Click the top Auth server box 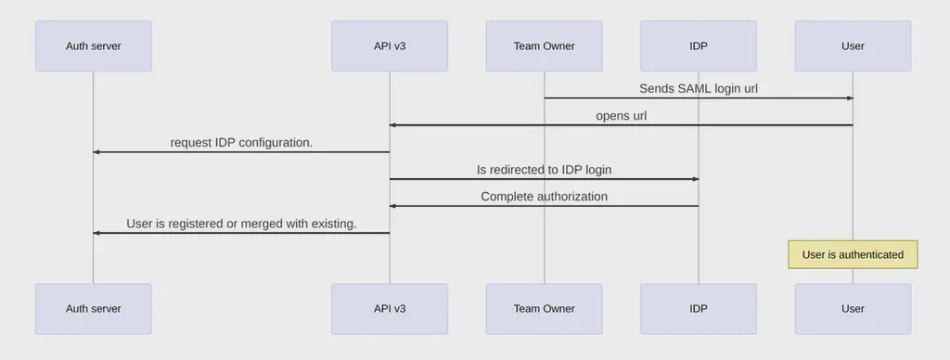pyautogui.click(x=93, y=45)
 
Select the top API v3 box pyautogui.click(x=390, y=45)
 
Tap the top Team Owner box pyautogui.click(x=544, y=45)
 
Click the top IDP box pyautogui.click(x=699, y=45)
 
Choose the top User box pyautogui.click(x=853, y=45)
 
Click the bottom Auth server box pyautogui.click(x=93, y=308)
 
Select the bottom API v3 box pyautogui.click(x=390, y=308)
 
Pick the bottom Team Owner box pyautogui.click(x=544, y=308)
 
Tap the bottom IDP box pyautogui.click(x=699, y=308)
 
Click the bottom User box pyautogui.click(x=853, y=308)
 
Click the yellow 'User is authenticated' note pyautogui.click(x=853, y=254)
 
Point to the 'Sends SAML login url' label pyautogui.click(x=698, y=89)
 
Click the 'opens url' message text pyautogui.click(x=621, y=116)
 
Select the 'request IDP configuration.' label pyautogui.click(x=241, y=143)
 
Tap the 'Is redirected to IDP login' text pyautogui.click(x=544, y=170)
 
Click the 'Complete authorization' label pyautogui.click(x=544, y=197)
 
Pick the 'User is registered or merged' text pyautogui.click(x=241, y=224)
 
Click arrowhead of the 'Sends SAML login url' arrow pyautogui.click(x=849, y=98)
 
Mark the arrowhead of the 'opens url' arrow pyautogui.click(x=393, y=125)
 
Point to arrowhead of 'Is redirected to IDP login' pyautogui.click(x=695, y=179)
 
